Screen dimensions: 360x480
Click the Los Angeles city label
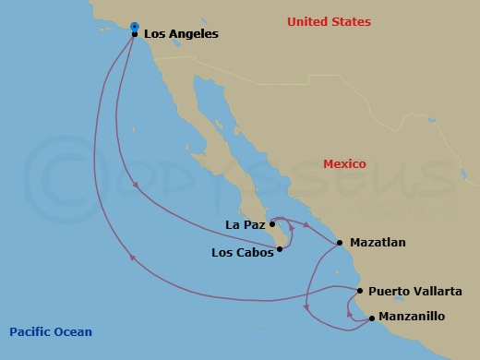pyautogui.click(x=181, y=34)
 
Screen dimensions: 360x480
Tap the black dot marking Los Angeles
pyautogui.click(x=135, y=34)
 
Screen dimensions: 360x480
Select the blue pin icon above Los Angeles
pyautogui.click(x=135, y=26)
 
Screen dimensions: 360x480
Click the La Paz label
pyautogui.click(x=245, y=223)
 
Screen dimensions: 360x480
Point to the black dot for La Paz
pyautogui.click(x=272, y=223)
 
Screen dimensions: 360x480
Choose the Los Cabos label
pyautogui.click(x=242, y=252)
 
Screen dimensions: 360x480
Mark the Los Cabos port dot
pyautogui.click(x=279, y=248)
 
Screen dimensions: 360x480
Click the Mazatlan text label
pyautogui.click(x=378, y=243)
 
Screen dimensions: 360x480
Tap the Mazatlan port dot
pyautogui.click(x=341, y=243)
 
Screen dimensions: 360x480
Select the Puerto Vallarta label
pyautogui.click(x=414, y=291)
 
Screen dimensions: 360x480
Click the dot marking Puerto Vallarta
pyautogui.click(x=359, y=290)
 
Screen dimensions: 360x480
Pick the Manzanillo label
pyautogui.click(x=413, y=316)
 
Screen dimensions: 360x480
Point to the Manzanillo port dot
pyautogui.click(x=371, y=318)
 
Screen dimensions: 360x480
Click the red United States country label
pyautogui.click(x=329, y=21)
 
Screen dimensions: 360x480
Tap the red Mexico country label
pyautogui.click(x=344, y=163)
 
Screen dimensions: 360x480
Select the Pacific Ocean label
pyautogui.click(x=51, y=331)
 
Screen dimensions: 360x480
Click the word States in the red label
pyautogui.click(x=352, y=21)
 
